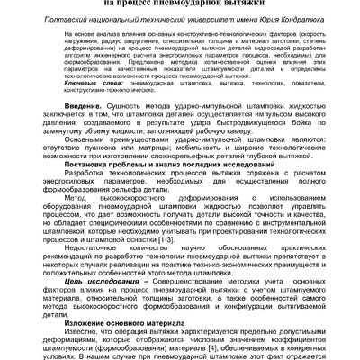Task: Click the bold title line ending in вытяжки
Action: point(179,4)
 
